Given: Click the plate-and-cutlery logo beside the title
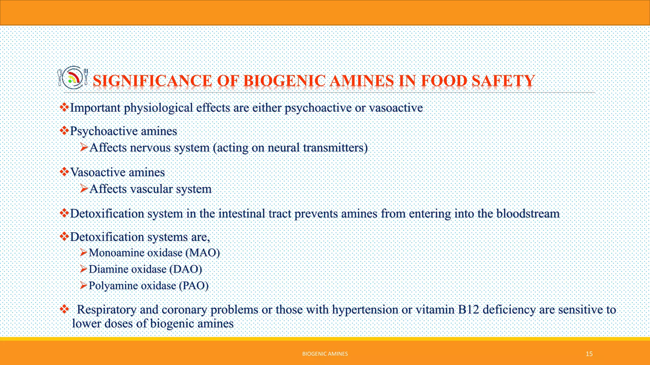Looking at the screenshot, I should tap(73, 78).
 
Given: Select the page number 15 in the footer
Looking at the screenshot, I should tap(589, 354).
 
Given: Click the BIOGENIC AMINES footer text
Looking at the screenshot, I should tap(325, 354).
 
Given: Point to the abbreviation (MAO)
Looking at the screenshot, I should tap(203, 253).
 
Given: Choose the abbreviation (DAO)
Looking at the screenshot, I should tap(186, 269).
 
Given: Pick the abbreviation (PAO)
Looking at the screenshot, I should tap(194, 286).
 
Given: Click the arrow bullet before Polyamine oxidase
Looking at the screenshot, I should tap(83, 285).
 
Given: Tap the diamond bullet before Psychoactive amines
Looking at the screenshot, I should tap(64, 130).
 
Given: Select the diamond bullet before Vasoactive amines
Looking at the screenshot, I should tap(64, 172).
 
